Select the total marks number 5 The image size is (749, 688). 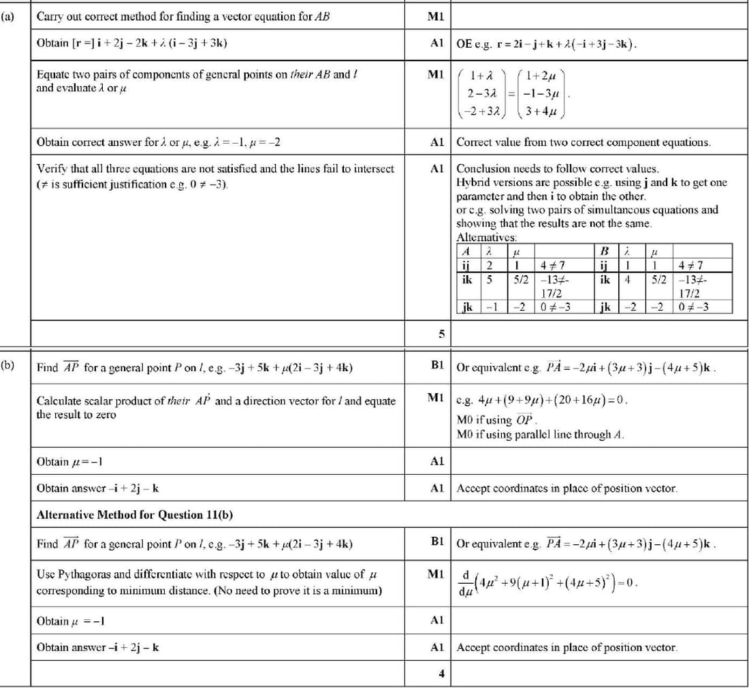tap(441, 333)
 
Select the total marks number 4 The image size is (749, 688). tap(441, 674)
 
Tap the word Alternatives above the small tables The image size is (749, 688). tap(486, 237)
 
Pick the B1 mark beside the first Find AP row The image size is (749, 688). tap(437, 366)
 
